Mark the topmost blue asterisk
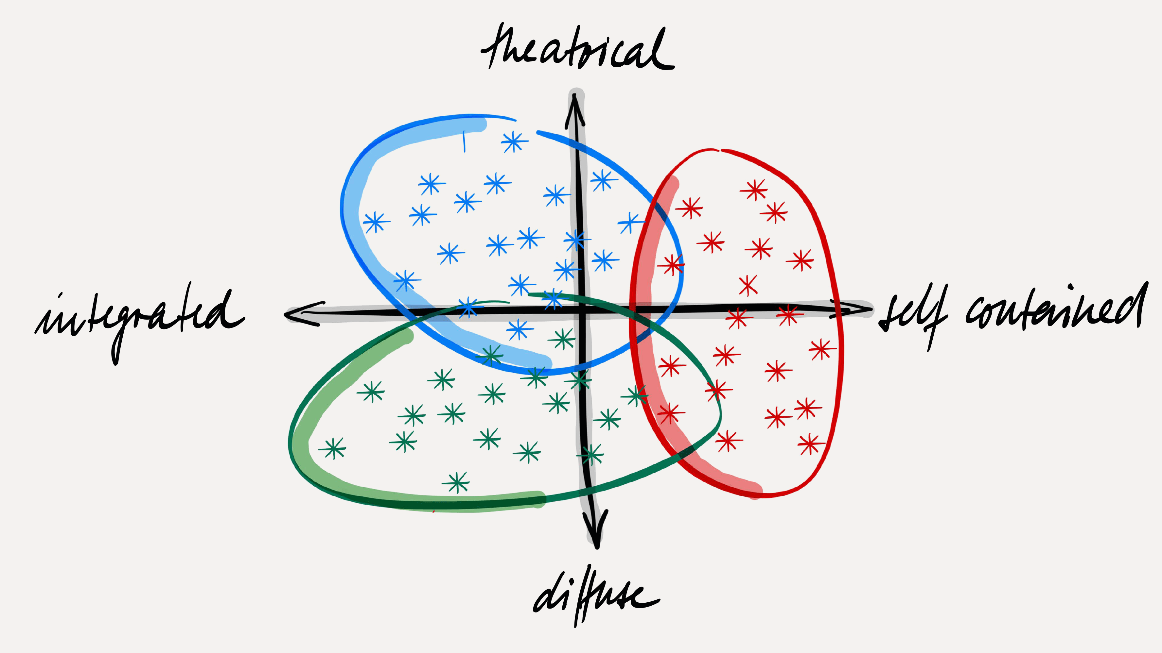click(x=514, y=142)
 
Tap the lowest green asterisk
click(x=456, y=483)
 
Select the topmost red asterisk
click(x=754, y=190)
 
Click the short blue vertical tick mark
click(x=464, y=142)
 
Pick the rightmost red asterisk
click(x=822, y=349)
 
